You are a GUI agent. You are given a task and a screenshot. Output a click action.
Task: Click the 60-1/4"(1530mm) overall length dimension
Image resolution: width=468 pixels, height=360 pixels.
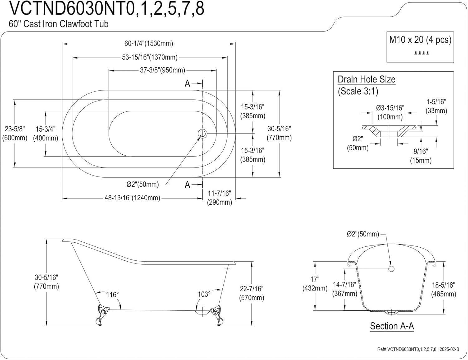pyautogui.click(x=149, y=44)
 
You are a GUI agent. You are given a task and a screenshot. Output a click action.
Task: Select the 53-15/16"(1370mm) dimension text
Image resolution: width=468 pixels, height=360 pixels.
pyautogui.click(x=149, y=57)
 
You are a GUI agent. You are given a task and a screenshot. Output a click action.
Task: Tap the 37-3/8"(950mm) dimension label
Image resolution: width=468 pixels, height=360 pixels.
pyautogui.click(x=162, y=70)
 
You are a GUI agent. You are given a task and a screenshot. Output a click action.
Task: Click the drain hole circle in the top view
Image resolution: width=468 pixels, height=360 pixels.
pyautogui.click(x=202, y=134)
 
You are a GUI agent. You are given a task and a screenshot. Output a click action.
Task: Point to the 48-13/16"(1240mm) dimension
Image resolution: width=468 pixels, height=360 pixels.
pyautogui.click(x=132, y=198)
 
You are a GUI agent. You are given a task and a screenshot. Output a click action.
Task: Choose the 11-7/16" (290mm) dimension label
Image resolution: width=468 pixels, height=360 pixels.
pyautogui.click(x=219, y=198)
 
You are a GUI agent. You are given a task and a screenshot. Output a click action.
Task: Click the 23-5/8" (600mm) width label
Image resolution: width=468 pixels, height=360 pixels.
pyautogui.click(x=15, y=133)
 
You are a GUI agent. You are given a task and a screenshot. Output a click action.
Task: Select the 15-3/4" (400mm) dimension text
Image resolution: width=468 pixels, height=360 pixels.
pyautogui.click(x=46, y=134)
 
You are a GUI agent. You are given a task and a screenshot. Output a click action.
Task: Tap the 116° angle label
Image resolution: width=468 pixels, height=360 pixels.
pyautogui.click(x=112, y=295)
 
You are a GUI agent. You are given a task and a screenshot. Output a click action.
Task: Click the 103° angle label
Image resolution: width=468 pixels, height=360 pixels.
pyautogui.click(x=204, y=294)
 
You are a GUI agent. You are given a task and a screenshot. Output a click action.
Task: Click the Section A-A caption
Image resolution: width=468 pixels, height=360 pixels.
pyautogui.click(x=392, y=326)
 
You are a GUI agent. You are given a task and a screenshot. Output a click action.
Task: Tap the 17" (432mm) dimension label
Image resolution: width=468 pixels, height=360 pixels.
pyautogui.click(x=315, y=284)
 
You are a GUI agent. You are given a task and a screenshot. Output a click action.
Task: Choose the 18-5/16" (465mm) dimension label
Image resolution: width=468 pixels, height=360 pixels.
pyautogui.click(x=443, y=289)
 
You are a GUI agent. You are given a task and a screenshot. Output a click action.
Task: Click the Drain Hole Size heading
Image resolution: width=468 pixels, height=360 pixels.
pyautogui.click(x=367, y=80)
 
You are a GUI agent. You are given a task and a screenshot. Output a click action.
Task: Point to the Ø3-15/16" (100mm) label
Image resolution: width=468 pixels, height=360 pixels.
pyautogui.click(x=390, y=112)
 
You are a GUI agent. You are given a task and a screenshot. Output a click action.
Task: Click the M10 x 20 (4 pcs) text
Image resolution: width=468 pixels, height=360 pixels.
pyautogui.click(x=420, y=40)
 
